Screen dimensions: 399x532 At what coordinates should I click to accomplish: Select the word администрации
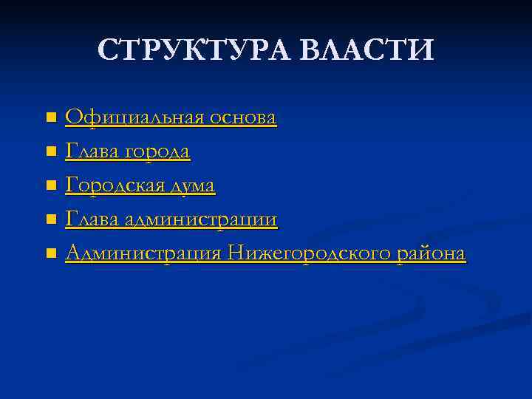pyautogui.click(x=201, y=219)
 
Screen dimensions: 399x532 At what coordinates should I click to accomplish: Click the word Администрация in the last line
pyautogui.click(x=143, y=254)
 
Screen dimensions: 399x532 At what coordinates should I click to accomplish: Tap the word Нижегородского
pyautogui.click(x=311, y=254)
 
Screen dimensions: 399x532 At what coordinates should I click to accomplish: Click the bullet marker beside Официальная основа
pyautogui.click(x=50, y=118)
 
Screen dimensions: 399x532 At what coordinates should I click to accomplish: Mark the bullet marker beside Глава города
pyautogui.click(x=50, y=152)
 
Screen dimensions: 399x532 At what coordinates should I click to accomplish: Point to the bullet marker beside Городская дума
pyautogui.click(x=50, y=186)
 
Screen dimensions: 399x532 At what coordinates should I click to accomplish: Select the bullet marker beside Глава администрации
pyautogui.click(x=50, y=220)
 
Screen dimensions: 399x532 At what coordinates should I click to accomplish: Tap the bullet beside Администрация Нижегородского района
pyautogui.click(x=50, y=254)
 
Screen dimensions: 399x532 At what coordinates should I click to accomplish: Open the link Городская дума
pyautogui.click(x=140, y=186)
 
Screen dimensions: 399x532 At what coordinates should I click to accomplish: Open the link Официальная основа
pyautogui.click(x=171, y=117)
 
